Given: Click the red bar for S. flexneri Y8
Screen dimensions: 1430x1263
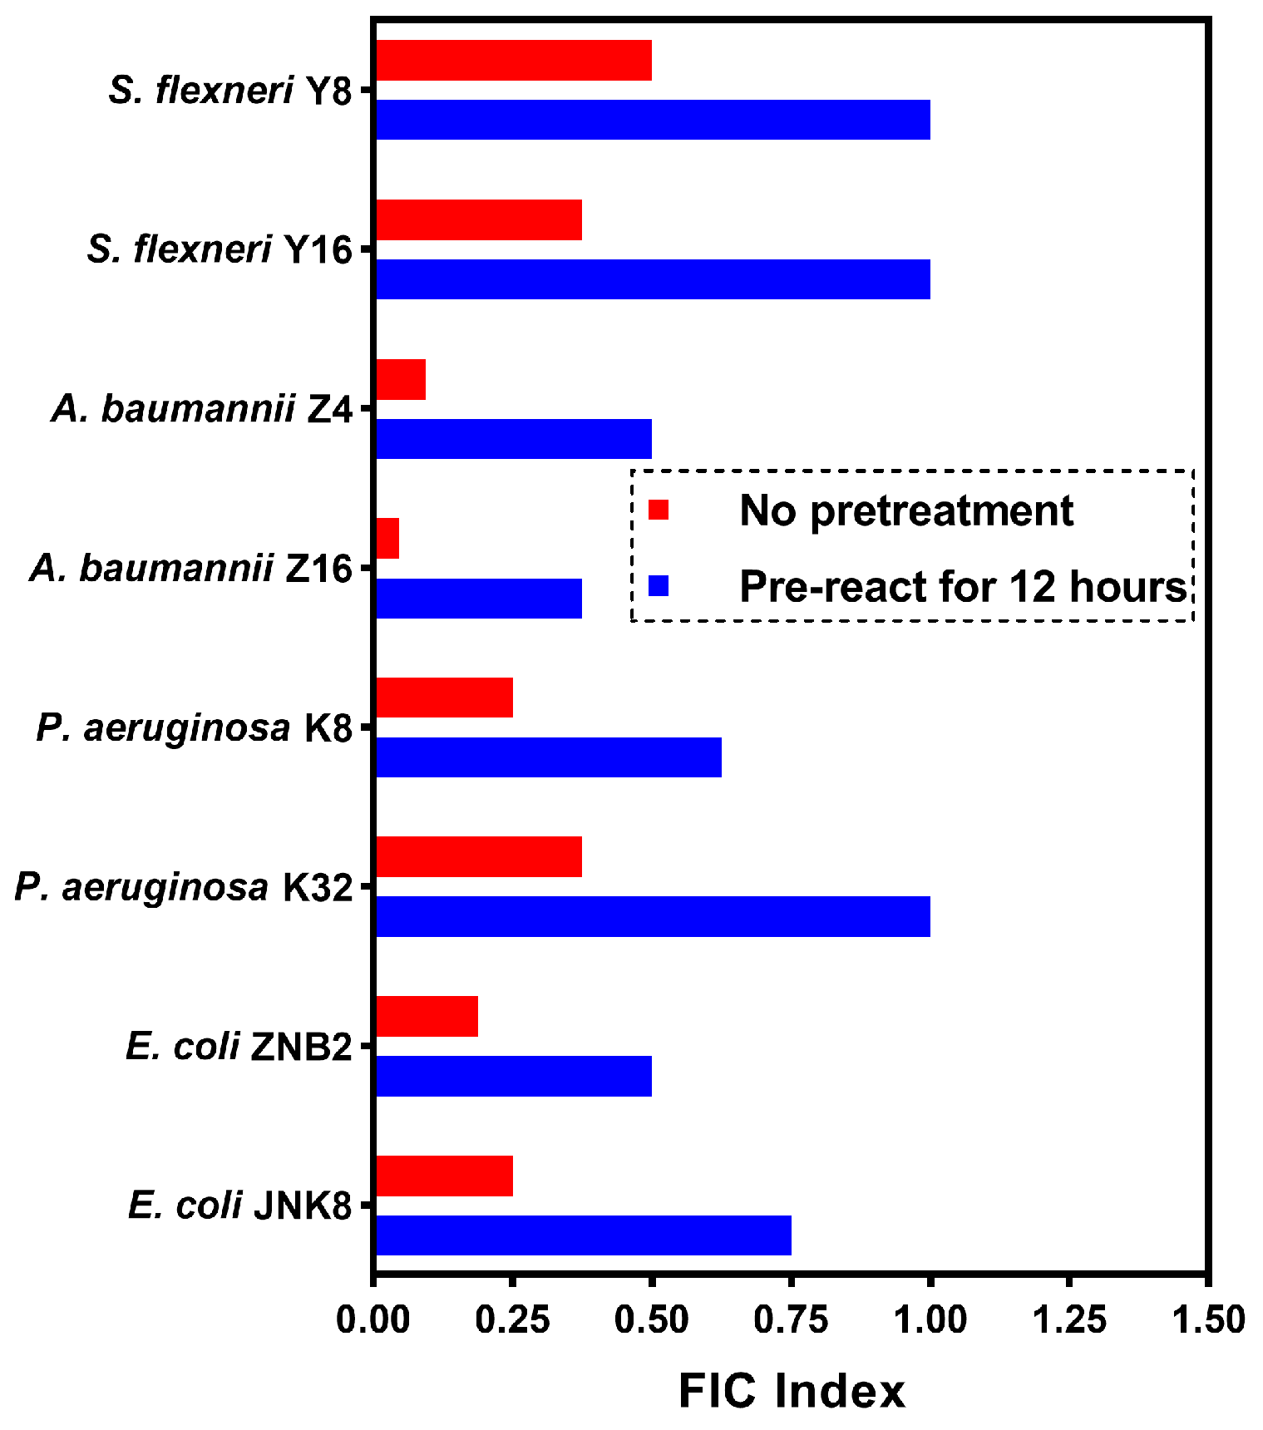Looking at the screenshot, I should point(513,61).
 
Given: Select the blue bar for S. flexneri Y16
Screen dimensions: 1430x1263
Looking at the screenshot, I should point(653,279).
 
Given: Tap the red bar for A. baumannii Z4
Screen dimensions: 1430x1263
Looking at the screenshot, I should point(401,380).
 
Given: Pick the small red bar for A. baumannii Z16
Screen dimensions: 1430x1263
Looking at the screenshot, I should point(387,539).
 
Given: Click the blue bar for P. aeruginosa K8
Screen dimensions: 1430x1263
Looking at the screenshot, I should point(549,757).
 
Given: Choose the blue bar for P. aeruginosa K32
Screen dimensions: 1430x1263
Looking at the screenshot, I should point(653,917).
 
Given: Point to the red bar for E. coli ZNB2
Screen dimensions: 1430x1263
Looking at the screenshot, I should point(427,1016).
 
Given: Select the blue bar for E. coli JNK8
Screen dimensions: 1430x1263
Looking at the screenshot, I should point(583,1235).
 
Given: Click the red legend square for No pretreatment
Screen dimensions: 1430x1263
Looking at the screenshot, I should point(659,510).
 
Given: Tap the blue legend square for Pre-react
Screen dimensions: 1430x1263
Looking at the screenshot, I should point(659,586).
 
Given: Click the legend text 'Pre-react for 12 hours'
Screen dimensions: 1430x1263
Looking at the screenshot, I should point(963,586).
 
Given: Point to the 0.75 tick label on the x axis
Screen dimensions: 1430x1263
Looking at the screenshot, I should point(791,1319).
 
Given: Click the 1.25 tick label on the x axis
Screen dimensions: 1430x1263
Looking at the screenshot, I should point(1069,1319).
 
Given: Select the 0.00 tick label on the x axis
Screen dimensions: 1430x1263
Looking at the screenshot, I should point(373,1319).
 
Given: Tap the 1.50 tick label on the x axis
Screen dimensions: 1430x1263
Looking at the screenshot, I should point(1208,1319).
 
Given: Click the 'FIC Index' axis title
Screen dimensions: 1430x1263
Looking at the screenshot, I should point(792,1391).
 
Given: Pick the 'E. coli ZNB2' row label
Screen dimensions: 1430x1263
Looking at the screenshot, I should point(239,1047).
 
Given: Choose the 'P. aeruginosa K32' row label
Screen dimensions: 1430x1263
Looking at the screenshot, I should point(184,888).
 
